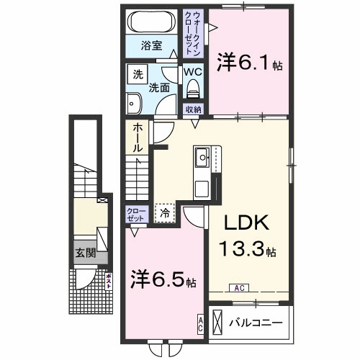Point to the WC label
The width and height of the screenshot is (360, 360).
coord(192,72)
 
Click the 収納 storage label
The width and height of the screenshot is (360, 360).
coord(192,109)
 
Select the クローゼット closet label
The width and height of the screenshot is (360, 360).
coord(137,214)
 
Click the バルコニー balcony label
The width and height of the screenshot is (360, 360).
coord(258,321)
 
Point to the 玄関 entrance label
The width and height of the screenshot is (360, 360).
coord(84,253)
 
